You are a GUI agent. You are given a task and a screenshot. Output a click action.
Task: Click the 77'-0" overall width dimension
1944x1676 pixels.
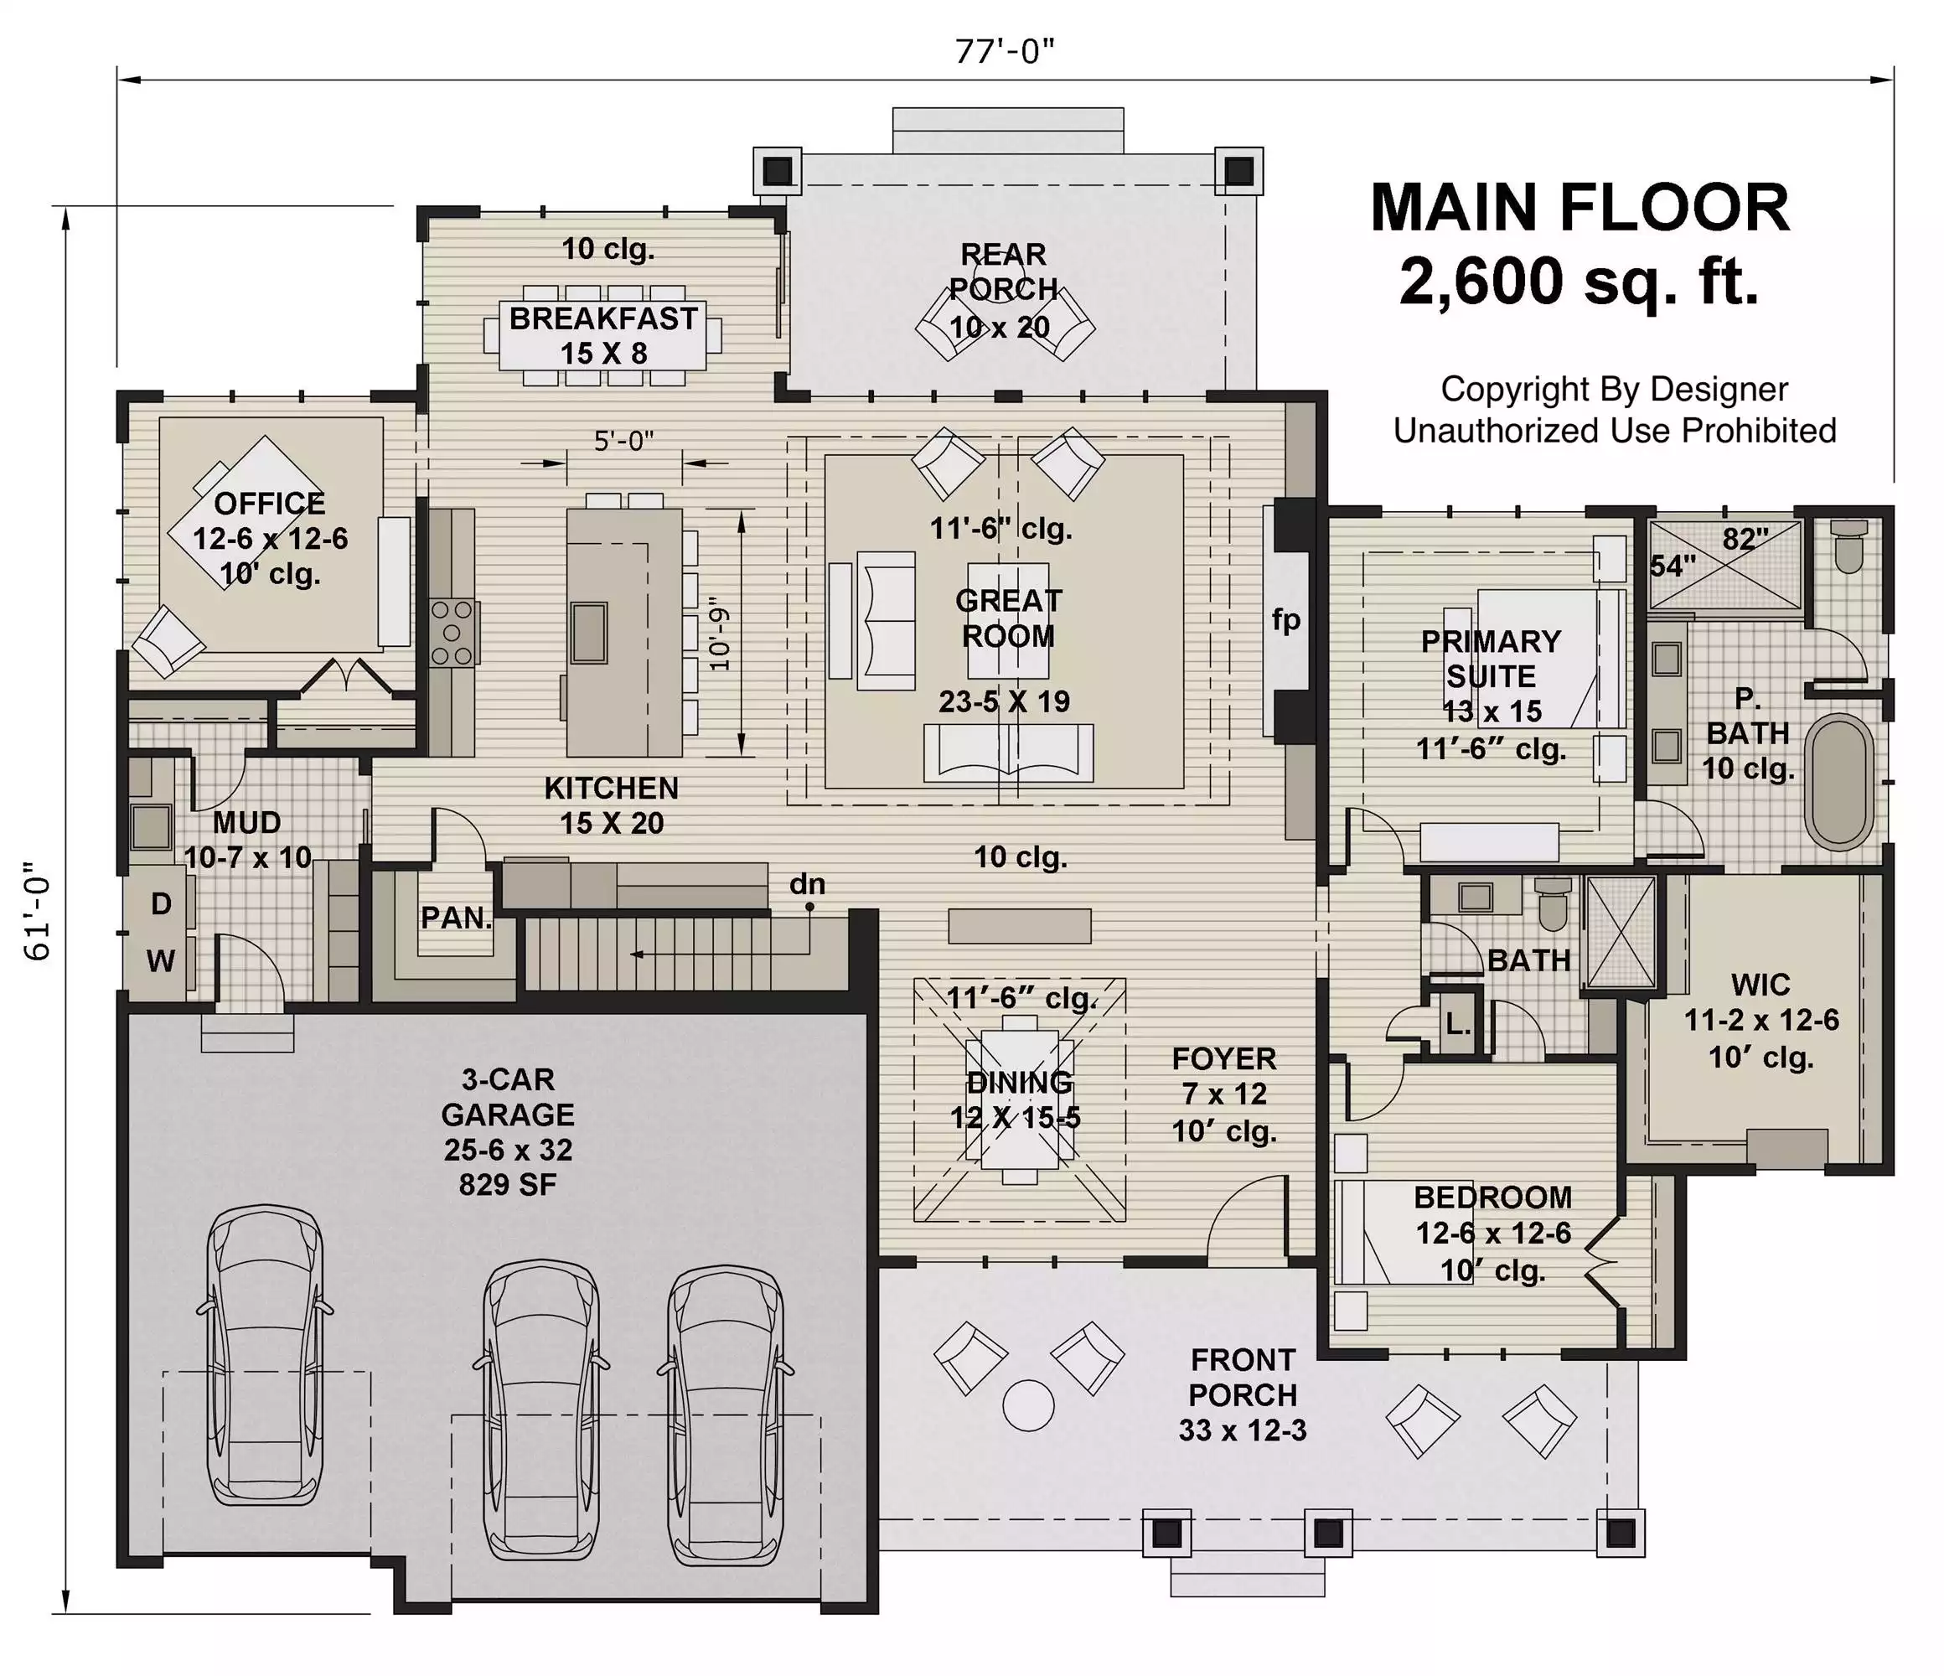(x=1004, y=52)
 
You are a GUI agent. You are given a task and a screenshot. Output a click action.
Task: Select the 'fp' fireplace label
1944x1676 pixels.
(x=1286, y=620)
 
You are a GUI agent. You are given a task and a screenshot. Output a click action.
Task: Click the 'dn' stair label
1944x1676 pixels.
(x=807, y=883)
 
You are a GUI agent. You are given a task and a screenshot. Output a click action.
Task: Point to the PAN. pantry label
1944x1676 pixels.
(x=456, y=918)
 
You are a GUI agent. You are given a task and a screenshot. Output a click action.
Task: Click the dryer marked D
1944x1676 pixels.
(x=162, y=903)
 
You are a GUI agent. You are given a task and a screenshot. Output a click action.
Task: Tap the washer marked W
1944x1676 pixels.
(x=162, y=961)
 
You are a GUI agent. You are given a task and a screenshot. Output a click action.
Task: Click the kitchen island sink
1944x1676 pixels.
(x=589, y=633)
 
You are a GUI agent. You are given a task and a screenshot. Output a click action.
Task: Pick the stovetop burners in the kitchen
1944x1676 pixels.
(x=452, y=634)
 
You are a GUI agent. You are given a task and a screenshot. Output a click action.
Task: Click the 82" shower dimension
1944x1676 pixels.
(x=1745, y=539)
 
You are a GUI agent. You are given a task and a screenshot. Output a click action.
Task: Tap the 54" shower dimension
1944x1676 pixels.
(x=1673, y=566)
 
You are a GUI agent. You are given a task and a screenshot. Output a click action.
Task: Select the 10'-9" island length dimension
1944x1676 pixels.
(x=720, y=634)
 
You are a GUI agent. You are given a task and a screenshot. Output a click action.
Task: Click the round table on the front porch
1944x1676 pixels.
(x=1028, y=1405)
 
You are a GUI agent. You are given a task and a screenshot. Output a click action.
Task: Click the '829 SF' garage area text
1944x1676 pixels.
(x=508, y=1185)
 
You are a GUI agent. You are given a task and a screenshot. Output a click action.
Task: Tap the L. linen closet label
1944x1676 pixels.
(x=1457, y=1025)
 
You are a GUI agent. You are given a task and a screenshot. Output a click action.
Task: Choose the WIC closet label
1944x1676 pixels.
(x=1761, y=985)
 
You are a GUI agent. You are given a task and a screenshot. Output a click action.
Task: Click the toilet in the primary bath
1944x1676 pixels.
(x=1849, y=546)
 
